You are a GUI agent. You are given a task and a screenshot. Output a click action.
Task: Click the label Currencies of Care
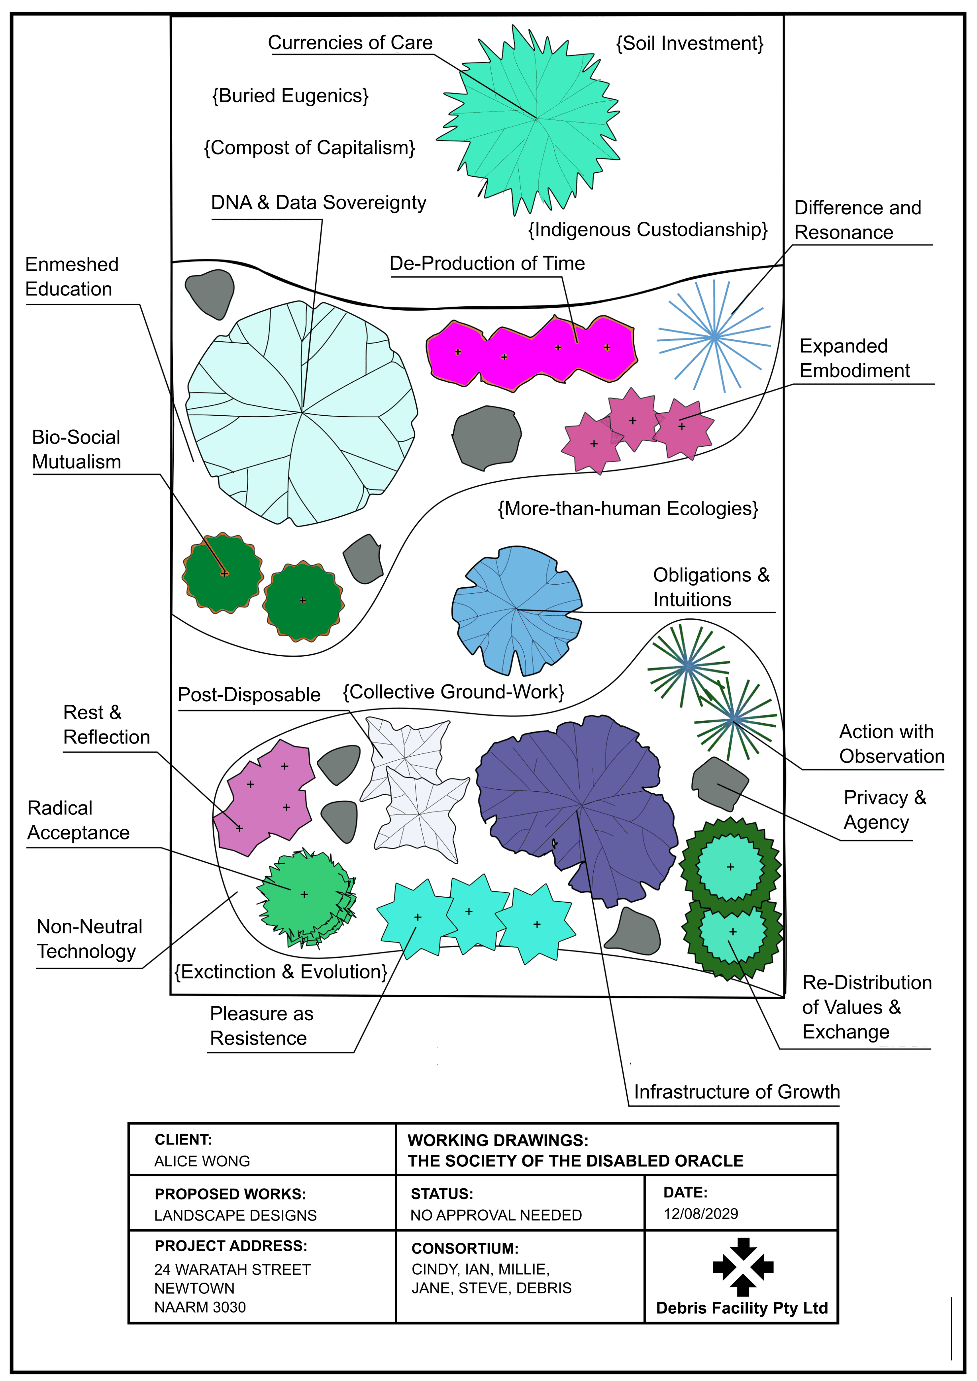click(350, 43)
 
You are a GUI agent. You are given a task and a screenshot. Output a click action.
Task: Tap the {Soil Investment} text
click(689, 43)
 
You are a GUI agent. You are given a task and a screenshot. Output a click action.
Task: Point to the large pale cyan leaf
click(301, 413)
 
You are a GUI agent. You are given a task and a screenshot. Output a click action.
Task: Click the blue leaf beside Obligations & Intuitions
click(516, 610)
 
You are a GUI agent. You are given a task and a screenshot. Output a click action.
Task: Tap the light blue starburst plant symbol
click(714, 337)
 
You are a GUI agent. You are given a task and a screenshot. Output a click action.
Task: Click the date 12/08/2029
click(701, 1213)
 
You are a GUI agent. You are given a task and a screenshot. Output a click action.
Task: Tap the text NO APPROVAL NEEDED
click(496, 1215)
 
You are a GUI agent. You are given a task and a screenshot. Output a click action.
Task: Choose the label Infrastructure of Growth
click(737, 1091)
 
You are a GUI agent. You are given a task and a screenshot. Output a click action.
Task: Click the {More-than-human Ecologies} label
click(628, 509)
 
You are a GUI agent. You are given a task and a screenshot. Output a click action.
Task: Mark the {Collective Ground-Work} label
click(454, 692)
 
